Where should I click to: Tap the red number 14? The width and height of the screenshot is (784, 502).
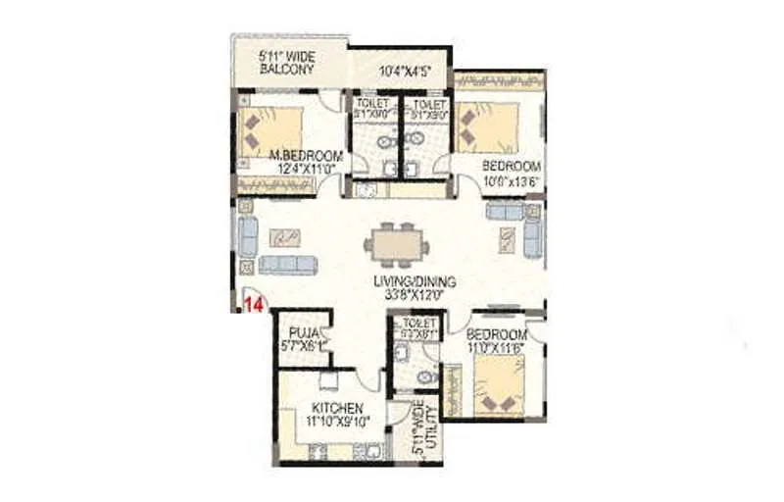[x=254, y=305]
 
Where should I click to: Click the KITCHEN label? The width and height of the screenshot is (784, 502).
[x=338, y=408]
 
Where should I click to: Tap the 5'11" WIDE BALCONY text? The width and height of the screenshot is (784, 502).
[x=286, y=62]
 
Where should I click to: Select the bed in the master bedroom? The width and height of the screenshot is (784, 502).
[x=269, y=128]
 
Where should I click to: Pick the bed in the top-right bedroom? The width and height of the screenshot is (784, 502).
[x=487, y=127]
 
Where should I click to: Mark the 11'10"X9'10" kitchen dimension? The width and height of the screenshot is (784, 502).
[x=338, y=422]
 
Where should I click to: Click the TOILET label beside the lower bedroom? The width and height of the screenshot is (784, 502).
[x=418, y=323]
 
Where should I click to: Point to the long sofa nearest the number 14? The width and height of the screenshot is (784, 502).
[x=288, y=265]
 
